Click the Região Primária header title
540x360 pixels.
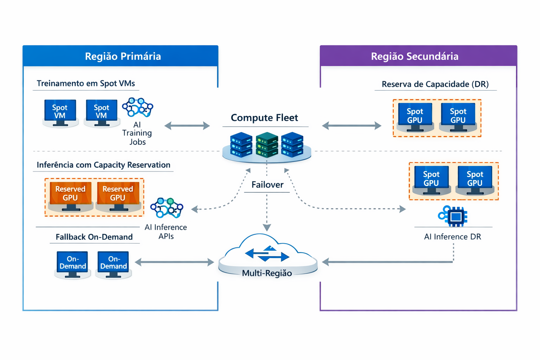(x=123, y=56)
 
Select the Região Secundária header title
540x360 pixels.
(x=414, y=56)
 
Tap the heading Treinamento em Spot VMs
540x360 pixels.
(x=86, y=83)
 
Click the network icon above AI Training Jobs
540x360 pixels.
(x=137, y=107)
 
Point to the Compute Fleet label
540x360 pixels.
(x=264, y=118)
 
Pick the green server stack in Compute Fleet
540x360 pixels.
(x=267, y=144)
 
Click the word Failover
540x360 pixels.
(x=267, y=185)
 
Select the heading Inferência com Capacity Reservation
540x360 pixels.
(x=103, y=165)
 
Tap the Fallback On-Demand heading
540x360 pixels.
(x=94, y=237)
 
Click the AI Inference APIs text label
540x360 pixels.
(x=166, y=232)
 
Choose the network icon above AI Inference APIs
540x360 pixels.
(x=167, y=208)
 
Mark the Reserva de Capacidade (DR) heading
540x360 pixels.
(x=435, y=84)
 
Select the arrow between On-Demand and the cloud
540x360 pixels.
(x=174, y=262)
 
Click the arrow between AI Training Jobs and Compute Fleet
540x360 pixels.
(x=187, y=126)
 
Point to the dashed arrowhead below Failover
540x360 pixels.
(x=267, y=227)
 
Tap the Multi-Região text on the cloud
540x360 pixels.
(x=267, y=273)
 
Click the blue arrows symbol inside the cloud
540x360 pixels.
(x=267, y=254)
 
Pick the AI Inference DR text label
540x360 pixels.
(x=452, y=237)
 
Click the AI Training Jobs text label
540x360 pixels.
(x=137, y=133)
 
